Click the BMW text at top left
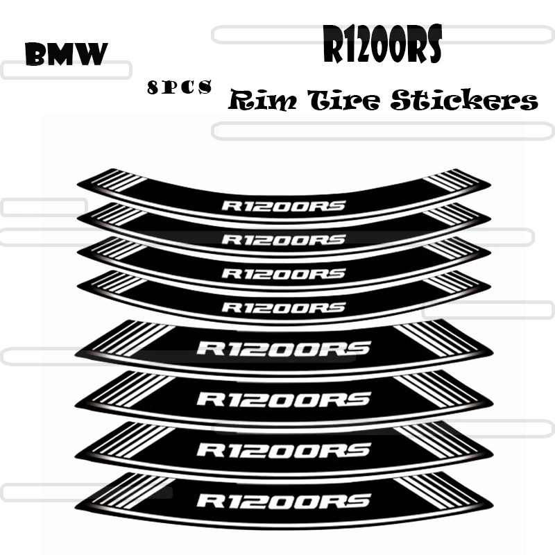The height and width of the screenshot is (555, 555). [x=66, y=54]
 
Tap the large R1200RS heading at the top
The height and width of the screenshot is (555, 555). [x=382, y=47]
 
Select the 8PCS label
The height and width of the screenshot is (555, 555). [x=179, y=87]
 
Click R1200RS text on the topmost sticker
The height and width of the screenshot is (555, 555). [x=282, y=205]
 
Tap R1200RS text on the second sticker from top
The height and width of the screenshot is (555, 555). [x=282, y=239]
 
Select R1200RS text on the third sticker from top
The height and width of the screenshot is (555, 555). [x=282, y=273]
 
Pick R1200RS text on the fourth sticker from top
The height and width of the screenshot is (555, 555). [x=282, y=307]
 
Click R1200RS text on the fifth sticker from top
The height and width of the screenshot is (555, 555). [x=283, y=348]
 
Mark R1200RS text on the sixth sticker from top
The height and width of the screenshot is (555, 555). [x=283, y=399]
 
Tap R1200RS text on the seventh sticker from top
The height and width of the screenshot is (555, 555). [x=283, y=450]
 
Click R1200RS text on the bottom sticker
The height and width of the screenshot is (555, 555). [x=283, y=500]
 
